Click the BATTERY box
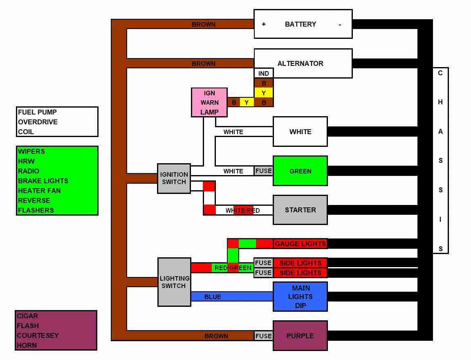click(x=303, y=24)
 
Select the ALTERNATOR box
click(x=303, y=63)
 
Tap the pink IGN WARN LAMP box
click(x=209, y=102)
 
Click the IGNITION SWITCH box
click(x=174, y=178)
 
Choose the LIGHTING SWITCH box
click(x=174, y=282)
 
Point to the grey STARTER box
click(x=300, y=210)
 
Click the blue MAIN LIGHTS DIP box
click(x=300, y=297)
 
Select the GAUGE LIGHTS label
click(x=300, y=244)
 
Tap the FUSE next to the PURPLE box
click(x=263, y=336)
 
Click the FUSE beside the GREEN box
click(x=263, y=171)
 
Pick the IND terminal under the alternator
click(x=264, y=73)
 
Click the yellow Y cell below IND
click(x=264, y=93)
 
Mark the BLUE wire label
click(x=213, y=297)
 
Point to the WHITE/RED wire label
click(x=242, y=211)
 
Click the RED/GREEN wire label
click(x=233, y=268)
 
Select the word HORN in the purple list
click(x=27, y=345)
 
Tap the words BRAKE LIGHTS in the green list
click(x=43, y=181)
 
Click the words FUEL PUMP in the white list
click(x=37, y=112)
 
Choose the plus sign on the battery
click(x=264, y=25)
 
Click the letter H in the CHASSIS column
click(x=440, y=102)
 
